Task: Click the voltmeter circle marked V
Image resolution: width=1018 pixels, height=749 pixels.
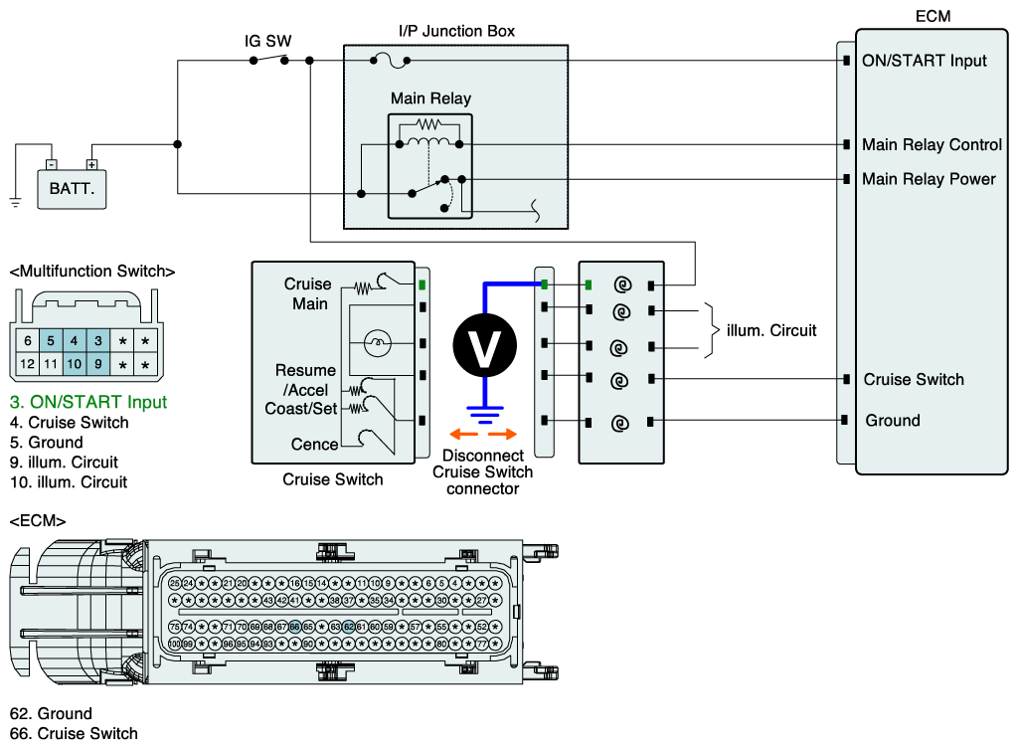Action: [485, 344]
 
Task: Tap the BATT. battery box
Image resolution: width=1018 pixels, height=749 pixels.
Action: [72, 186]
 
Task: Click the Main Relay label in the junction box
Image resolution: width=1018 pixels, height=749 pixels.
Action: [430, 98]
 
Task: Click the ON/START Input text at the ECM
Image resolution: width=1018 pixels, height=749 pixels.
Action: [925, 61]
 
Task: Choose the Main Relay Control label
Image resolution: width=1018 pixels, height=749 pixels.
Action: [932, 145]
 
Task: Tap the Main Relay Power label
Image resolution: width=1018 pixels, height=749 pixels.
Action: [929, 179]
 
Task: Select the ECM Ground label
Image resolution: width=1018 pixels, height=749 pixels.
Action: [893, 421]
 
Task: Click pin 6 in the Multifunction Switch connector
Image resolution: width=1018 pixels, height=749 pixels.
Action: [28, 341]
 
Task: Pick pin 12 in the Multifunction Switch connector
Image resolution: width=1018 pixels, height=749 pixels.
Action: [28, 364]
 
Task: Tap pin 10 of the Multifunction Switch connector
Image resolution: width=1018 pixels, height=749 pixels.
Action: [74, 364]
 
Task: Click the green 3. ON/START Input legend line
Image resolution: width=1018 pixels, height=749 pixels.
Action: [88, 403]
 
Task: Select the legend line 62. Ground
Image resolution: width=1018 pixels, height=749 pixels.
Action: [51, 713]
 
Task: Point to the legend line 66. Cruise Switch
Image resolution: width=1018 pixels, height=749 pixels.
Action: [74, 733]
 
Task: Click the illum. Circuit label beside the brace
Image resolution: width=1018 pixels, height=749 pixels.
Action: [771, 329]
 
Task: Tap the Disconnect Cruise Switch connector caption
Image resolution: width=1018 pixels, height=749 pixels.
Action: [482, 471]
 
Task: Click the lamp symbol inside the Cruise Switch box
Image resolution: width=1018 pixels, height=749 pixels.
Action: [377, 343]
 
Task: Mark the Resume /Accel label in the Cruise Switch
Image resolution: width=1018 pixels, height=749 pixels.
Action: [306, 380]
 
